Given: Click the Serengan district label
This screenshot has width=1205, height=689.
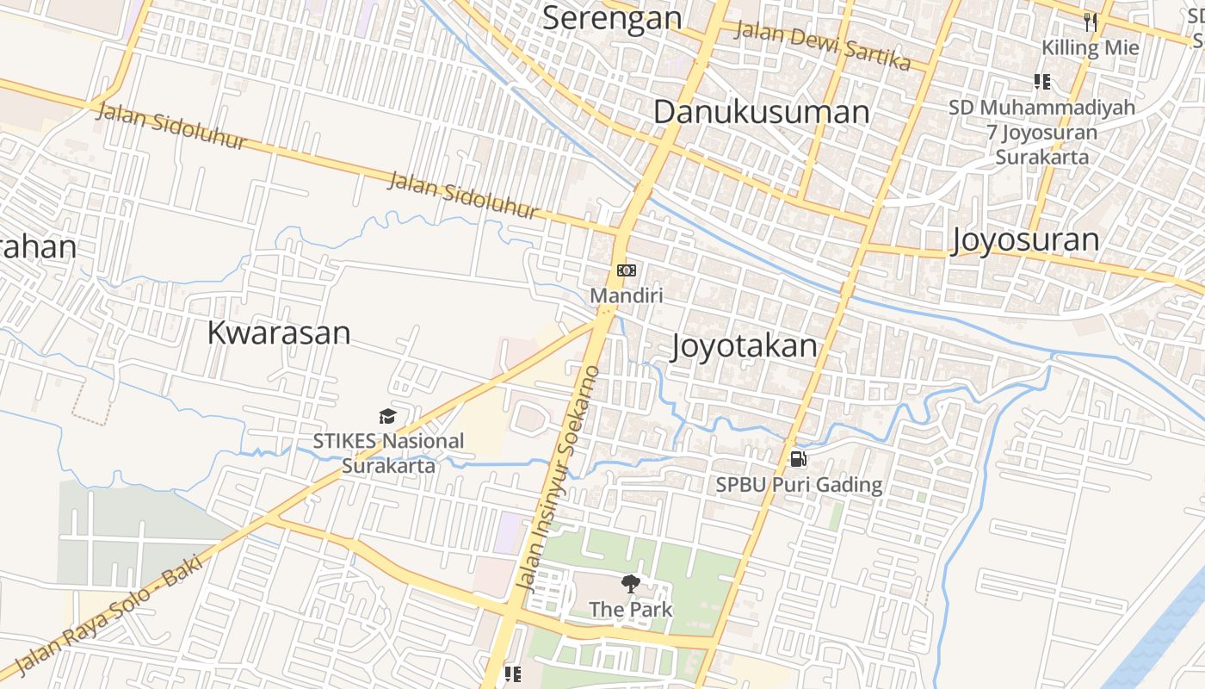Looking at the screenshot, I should (x=611, y=17).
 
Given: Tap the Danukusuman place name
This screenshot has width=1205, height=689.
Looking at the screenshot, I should (x=762, y=112).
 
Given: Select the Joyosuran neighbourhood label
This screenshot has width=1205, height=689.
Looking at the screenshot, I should (x=1025, y=240).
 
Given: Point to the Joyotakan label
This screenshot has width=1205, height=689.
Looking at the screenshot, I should (x=744, y=346).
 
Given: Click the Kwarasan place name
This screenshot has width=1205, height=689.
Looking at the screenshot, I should (x=278, y=332).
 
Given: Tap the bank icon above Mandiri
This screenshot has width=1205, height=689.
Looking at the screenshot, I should (x=627, y=270).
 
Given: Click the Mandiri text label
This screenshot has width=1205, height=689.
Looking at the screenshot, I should (x=627, y=295).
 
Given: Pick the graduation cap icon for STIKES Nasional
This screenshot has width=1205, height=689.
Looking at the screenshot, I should (x=387, y=417).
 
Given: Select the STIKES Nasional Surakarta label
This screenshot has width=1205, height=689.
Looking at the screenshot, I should (x=388, y=453).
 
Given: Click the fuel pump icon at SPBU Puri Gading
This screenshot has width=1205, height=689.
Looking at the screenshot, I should (x=799, y=459).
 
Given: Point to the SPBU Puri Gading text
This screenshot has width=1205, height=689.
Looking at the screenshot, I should (x=799, y=485).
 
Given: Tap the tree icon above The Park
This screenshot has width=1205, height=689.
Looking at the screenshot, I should (x=631, y=584).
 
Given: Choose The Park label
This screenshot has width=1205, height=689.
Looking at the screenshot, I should (x=631, y=610).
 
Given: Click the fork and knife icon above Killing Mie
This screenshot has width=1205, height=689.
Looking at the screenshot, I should (x=1091, y=22).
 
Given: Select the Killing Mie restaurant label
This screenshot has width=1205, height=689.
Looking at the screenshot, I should (x=1091, y=47).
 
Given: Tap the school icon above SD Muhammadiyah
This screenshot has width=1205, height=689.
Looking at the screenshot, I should (x=1042, y=82).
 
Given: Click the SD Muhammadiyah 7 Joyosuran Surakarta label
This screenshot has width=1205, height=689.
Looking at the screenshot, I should (x=1042, y=133).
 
